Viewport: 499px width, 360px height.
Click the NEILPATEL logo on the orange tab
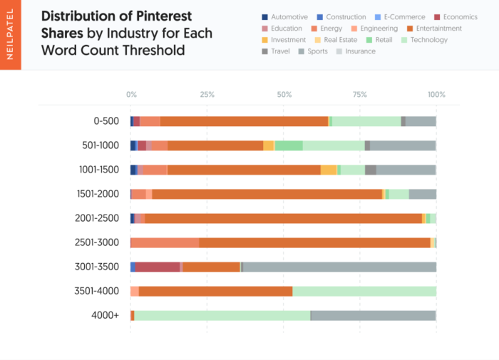tap(10, 36)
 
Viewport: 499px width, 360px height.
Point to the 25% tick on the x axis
tap(207, 95)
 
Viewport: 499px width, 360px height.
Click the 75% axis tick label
tap(360, 95)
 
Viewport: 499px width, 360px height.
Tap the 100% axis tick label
tap(436, 95)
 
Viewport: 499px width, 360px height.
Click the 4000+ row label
tap(106, 315)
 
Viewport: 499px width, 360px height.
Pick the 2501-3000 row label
tap(97, 242)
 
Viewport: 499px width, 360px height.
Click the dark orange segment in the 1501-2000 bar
tap(267, 194)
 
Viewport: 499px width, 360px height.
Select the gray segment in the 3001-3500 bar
tap(339, 267)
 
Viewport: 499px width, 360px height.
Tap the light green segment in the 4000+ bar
tap(222, 315)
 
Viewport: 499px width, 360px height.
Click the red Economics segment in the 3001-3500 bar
tap(157, 267)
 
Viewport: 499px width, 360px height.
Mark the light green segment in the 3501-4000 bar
tap(364, 291)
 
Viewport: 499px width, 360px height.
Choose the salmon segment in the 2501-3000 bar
tap(165, 242)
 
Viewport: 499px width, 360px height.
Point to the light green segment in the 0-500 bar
tap(366, 121)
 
